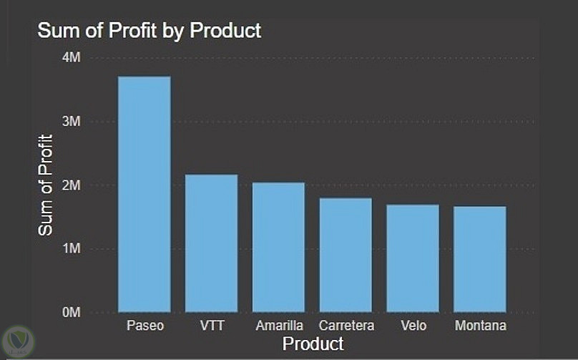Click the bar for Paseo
(x=144, y=194)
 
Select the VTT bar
(x=212, y=243)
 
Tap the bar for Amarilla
(x=278, y=247)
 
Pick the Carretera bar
(x=346, y=255)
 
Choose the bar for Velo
(x=413, y=258)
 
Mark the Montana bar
(x=480, y=259)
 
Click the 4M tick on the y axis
(x=71, y=57)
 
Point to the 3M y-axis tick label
(x=71, y=121)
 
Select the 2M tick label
(x=71, y=185)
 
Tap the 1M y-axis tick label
(x=71, y=248)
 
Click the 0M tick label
(x=71, y=312)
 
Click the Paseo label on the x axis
(x=145, y=326)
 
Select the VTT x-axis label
(x=212, y=326)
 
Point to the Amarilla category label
(x=280, y=326)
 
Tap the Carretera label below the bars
(x=346, y=326)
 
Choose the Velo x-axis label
(x=413, y=326)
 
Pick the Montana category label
(x=481, y=326)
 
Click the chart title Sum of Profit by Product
(x=149, y=31)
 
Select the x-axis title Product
(x=313, y=344)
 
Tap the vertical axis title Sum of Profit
(x=45, y=185)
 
